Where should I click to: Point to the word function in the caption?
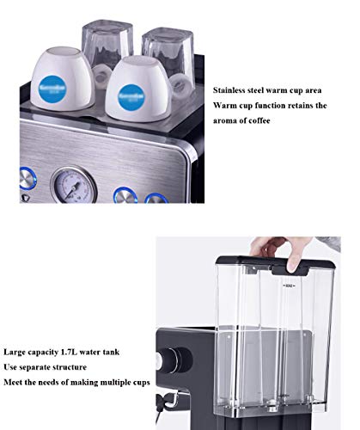[272, 105]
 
